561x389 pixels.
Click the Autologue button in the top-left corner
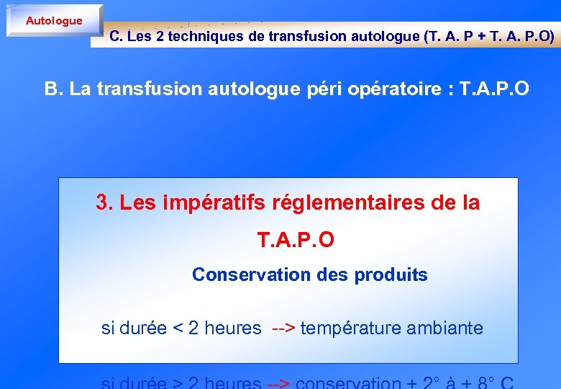point(54,20)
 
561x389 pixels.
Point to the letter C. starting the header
point(116,36)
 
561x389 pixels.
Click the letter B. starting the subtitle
point(54,89)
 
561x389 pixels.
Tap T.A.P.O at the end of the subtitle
point(494,89)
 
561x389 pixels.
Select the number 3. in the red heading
point(105,203)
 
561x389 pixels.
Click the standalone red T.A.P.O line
point(296,240)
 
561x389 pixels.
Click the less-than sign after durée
point(178,328)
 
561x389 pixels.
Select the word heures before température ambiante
point(232,328)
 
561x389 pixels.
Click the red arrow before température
point(284,328)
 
